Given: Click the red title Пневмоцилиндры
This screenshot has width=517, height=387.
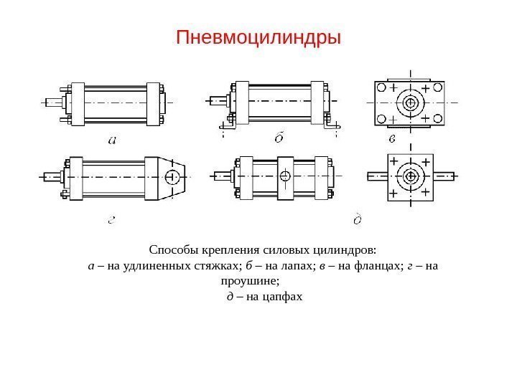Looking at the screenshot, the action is [x=258, y=36].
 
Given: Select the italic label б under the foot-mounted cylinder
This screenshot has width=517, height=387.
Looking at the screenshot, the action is [x=279, y=138].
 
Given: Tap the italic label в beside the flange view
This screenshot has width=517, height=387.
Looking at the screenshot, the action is [x=392, y=137].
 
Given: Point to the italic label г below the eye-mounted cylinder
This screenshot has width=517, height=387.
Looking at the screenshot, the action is [x=112, y=220].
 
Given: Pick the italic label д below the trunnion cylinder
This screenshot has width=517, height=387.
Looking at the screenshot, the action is [x=358, y=219].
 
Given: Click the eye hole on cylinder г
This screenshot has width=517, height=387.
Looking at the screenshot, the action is [x=172, y=176].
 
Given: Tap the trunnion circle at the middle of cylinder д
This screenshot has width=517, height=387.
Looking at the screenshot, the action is [x=285, y=176].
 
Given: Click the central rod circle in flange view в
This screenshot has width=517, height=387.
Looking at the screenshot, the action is [x=411, y=102].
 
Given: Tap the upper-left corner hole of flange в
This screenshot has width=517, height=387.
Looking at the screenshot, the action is [x=382, y=87].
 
